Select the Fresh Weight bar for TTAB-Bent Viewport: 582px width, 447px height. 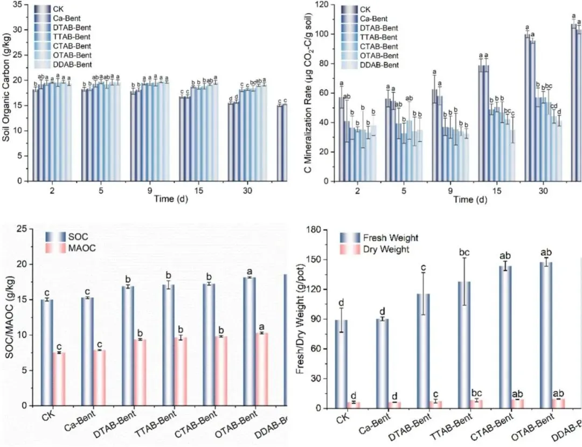point(464,345)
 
